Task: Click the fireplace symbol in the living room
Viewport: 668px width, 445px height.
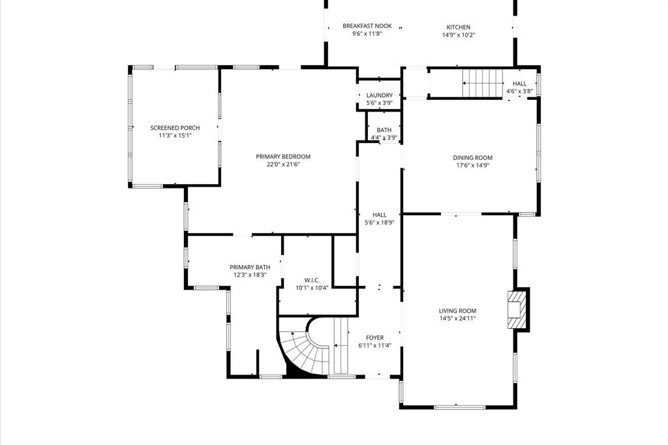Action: pos(516,309)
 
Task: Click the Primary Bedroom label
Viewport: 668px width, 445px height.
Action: pos(283,157)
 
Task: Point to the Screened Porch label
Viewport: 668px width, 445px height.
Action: pos(175,128)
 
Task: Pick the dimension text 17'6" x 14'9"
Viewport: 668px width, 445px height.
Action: pos(472,166)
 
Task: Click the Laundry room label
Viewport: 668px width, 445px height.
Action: pos(379,95)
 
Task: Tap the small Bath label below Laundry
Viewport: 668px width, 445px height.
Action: pos(384,130)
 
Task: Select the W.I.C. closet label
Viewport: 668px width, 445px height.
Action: pos(312,280)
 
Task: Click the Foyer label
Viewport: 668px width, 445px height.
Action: pos(374,338)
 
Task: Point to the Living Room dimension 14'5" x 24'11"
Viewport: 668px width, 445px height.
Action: pos(457,319)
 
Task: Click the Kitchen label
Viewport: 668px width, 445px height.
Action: pos(458,27)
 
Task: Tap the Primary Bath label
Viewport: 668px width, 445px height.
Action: pos(250,268)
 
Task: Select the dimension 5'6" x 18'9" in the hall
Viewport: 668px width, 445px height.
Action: pos(379,222)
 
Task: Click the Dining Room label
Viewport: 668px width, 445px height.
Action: pos(472,158)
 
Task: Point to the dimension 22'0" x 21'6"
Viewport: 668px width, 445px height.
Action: pos(283,164)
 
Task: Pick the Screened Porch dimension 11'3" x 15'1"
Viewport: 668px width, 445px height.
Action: pos(175,136)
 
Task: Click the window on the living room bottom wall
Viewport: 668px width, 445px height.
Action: pos(459,407)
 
